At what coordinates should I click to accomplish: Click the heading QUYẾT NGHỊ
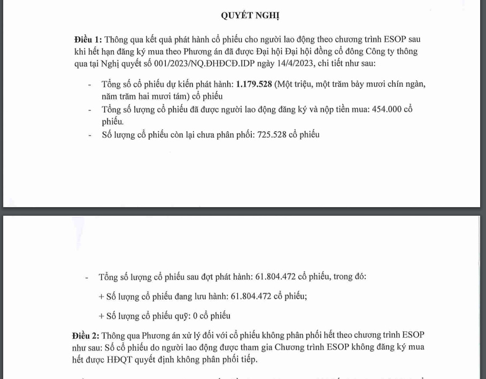point(250,16)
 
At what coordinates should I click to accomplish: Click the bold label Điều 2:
point(86,336)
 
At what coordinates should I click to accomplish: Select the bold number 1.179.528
point(254,85)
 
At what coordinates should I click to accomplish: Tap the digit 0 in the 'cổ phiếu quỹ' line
point(196,316)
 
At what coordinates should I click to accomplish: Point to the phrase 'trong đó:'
point(350,277)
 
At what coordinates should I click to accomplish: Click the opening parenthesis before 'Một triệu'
point(276,85)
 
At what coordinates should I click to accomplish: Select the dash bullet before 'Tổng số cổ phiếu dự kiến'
point(90,85)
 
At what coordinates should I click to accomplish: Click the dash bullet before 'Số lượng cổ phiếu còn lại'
point(90,135)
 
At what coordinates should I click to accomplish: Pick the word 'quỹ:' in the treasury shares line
point(183,316)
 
